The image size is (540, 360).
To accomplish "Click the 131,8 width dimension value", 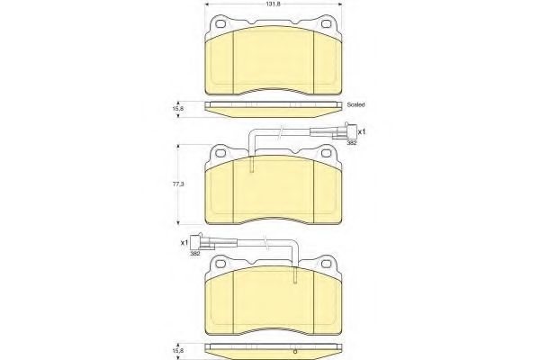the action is coord(274,4).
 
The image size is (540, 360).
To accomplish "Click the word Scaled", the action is coord(355,104).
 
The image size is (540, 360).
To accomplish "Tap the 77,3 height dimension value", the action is coord(178,184).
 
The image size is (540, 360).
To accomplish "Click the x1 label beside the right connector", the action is coord(361,131).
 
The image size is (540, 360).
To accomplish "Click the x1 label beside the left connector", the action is coord(184,242).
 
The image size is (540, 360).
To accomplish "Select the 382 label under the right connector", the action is coord(351,142).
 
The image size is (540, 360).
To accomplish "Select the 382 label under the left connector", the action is coord(195,254).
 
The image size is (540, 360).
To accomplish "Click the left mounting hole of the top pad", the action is coord(220,23).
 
